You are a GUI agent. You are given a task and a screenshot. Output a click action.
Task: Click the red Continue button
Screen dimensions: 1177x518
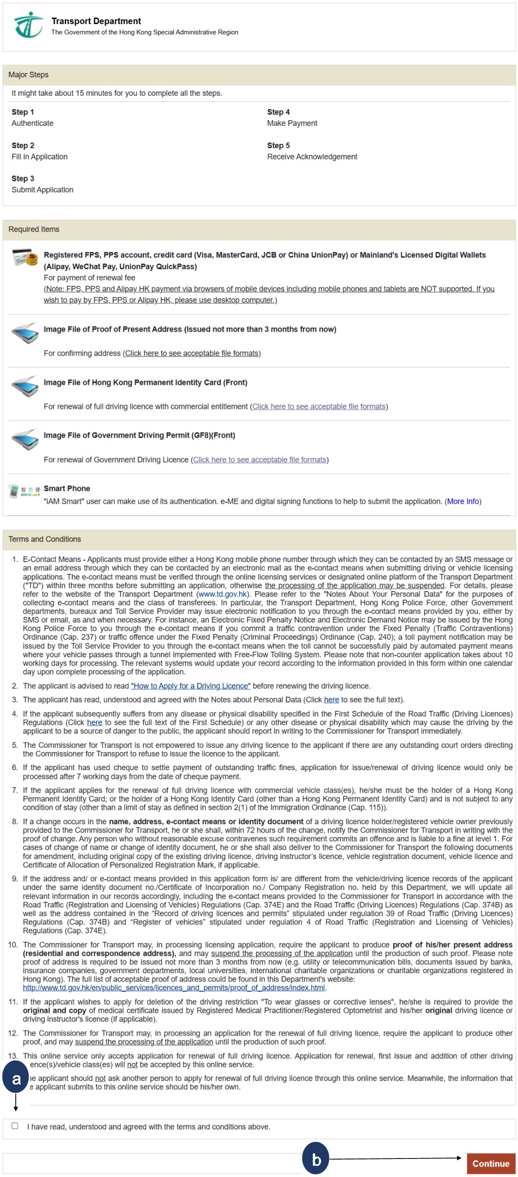point(490,1163)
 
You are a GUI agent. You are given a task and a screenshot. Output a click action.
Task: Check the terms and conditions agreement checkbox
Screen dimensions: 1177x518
point(15,1126)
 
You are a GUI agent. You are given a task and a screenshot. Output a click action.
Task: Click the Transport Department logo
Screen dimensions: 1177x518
point(28,25)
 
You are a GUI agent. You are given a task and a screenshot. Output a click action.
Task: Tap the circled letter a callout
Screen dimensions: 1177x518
point(16,1079)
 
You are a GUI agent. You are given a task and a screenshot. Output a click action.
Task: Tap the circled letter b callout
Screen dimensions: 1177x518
point(316,1159)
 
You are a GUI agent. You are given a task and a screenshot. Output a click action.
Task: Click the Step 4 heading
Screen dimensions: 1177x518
point(278,112)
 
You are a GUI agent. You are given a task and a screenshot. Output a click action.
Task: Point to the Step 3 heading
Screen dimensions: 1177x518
point(23,179)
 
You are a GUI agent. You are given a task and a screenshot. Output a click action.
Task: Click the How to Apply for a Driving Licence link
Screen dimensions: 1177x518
point(190,686)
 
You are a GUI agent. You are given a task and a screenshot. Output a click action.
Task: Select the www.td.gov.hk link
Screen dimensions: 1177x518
point(222,594)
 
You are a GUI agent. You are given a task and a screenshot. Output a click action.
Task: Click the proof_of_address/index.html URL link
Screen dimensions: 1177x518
point(174,988)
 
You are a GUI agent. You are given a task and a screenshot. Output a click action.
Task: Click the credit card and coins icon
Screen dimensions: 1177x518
point(24,257)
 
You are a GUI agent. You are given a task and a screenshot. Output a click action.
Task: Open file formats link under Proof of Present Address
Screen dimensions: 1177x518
point(192,353)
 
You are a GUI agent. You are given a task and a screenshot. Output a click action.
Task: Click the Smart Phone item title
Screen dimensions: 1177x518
point(67,488)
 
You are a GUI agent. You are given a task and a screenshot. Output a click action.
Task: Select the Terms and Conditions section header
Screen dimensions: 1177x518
point(44,539)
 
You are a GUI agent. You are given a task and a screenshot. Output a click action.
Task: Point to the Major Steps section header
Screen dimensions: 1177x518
point(28,75)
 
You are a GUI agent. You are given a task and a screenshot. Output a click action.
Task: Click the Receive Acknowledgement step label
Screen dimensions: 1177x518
point(312,157)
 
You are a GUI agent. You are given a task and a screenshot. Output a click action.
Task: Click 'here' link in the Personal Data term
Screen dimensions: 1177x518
point(331,700)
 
